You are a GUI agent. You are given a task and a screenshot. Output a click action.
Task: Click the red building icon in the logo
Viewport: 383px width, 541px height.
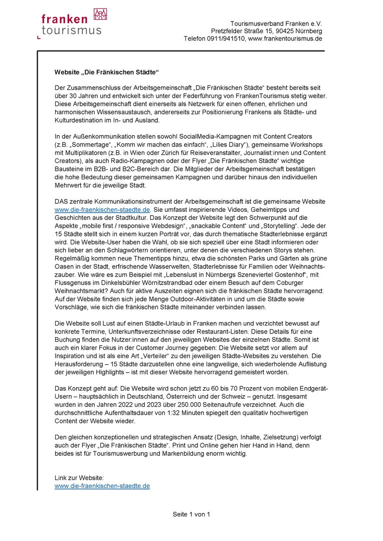point(100,14)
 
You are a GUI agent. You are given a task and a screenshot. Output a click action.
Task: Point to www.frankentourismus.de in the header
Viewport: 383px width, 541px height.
point(285,39)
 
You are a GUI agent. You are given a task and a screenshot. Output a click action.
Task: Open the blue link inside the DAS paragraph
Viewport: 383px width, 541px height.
point(102,209)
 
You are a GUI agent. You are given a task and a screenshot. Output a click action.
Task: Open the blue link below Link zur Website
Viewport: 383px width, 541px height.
point(102,486)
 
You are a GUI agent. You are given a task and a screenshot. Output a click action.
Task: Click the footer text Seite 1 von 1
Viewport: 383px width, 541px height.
point(192,514)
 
